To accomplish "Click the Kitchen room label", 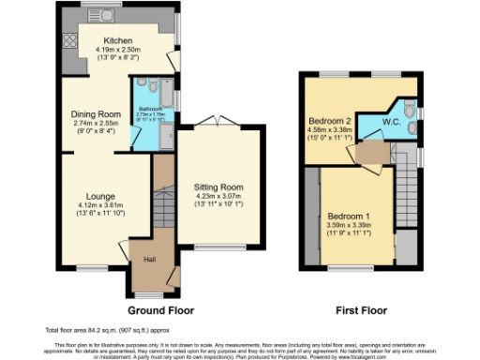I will [118, 41].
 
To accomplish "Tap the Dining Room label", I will [98, 114].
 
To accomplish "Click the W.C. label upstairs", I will [393, 121].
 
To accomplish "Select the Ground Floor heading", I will [157, 308].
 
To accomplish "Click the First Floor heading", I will [359, 308].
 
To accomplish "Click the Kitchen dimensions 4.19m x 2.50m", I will [118, 51].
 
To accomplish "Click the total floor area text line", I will [92, 330].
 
